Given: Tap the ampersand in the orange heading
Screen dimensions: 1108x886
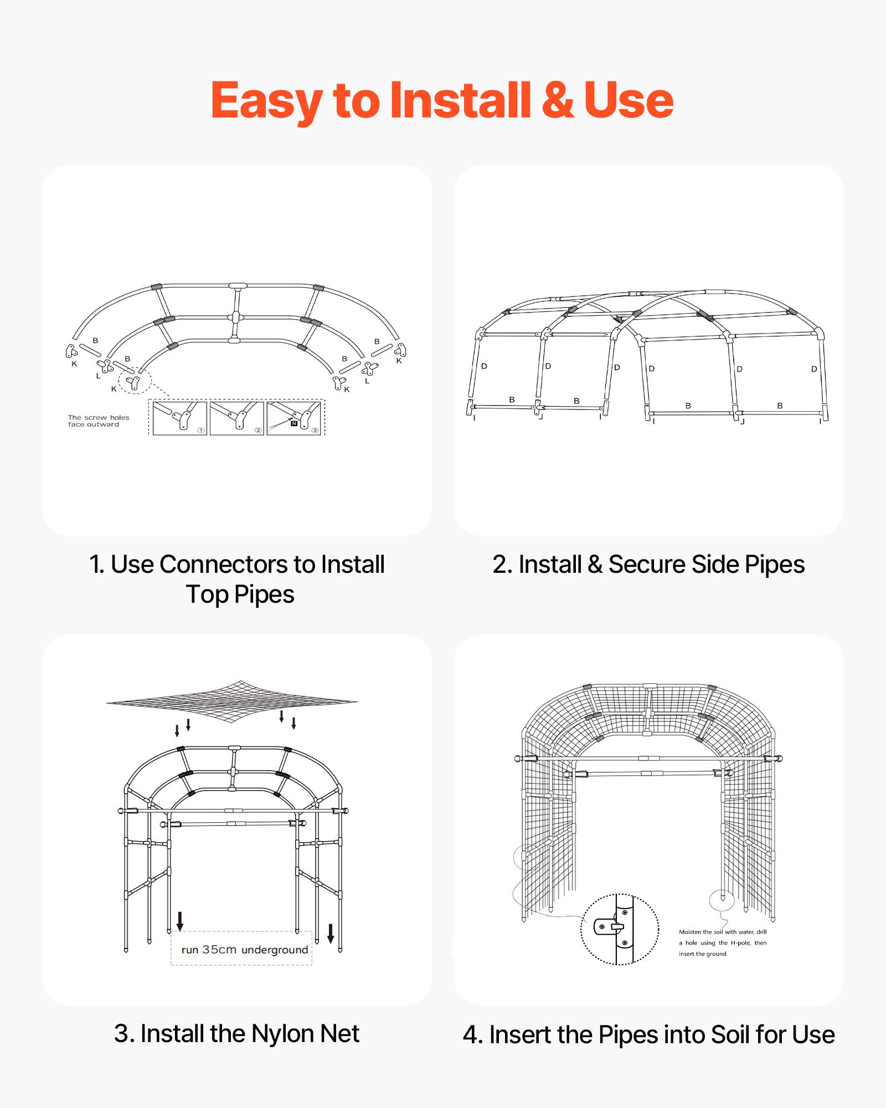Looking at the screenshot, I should point(557,100).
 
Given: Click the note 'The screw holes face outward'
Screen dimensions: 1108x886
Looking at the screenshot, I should point(98,421).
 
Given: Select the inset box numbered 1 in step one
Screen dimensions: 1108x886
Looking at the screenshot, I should point(179,418).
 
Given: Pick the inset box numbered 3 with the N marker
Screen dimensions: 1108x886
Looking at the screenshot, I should point(294,418).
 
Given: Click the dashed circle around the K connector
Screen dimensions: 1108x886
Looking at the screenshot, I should point(135,381).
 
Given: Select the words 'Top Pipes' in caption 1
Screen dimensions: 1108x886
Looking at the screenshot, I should point(240,594).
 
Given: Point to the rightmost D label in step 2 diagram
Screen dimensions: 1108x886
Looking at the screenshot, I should point(813,369).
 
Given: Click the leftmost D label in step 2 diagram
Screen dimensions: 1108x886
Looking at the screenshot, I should point(484,366).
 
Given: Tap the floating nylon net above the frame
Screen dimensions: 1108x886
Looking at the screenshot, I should point(231,701).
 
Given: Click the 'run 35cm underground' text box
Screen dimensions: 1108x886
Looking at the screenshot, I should point(244,950).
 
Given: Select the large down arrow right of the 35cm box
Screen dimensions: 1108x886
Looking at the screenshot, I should point(331,933).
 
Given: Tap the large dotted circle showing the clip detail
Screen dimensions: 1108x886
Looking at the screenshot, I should point(619,929).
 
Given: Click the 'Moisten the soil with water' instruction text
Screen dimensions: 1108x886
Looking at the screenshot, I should point(722,942).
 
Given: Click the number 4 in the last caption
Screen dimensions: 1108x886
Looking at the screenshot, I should point(470,1035).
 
